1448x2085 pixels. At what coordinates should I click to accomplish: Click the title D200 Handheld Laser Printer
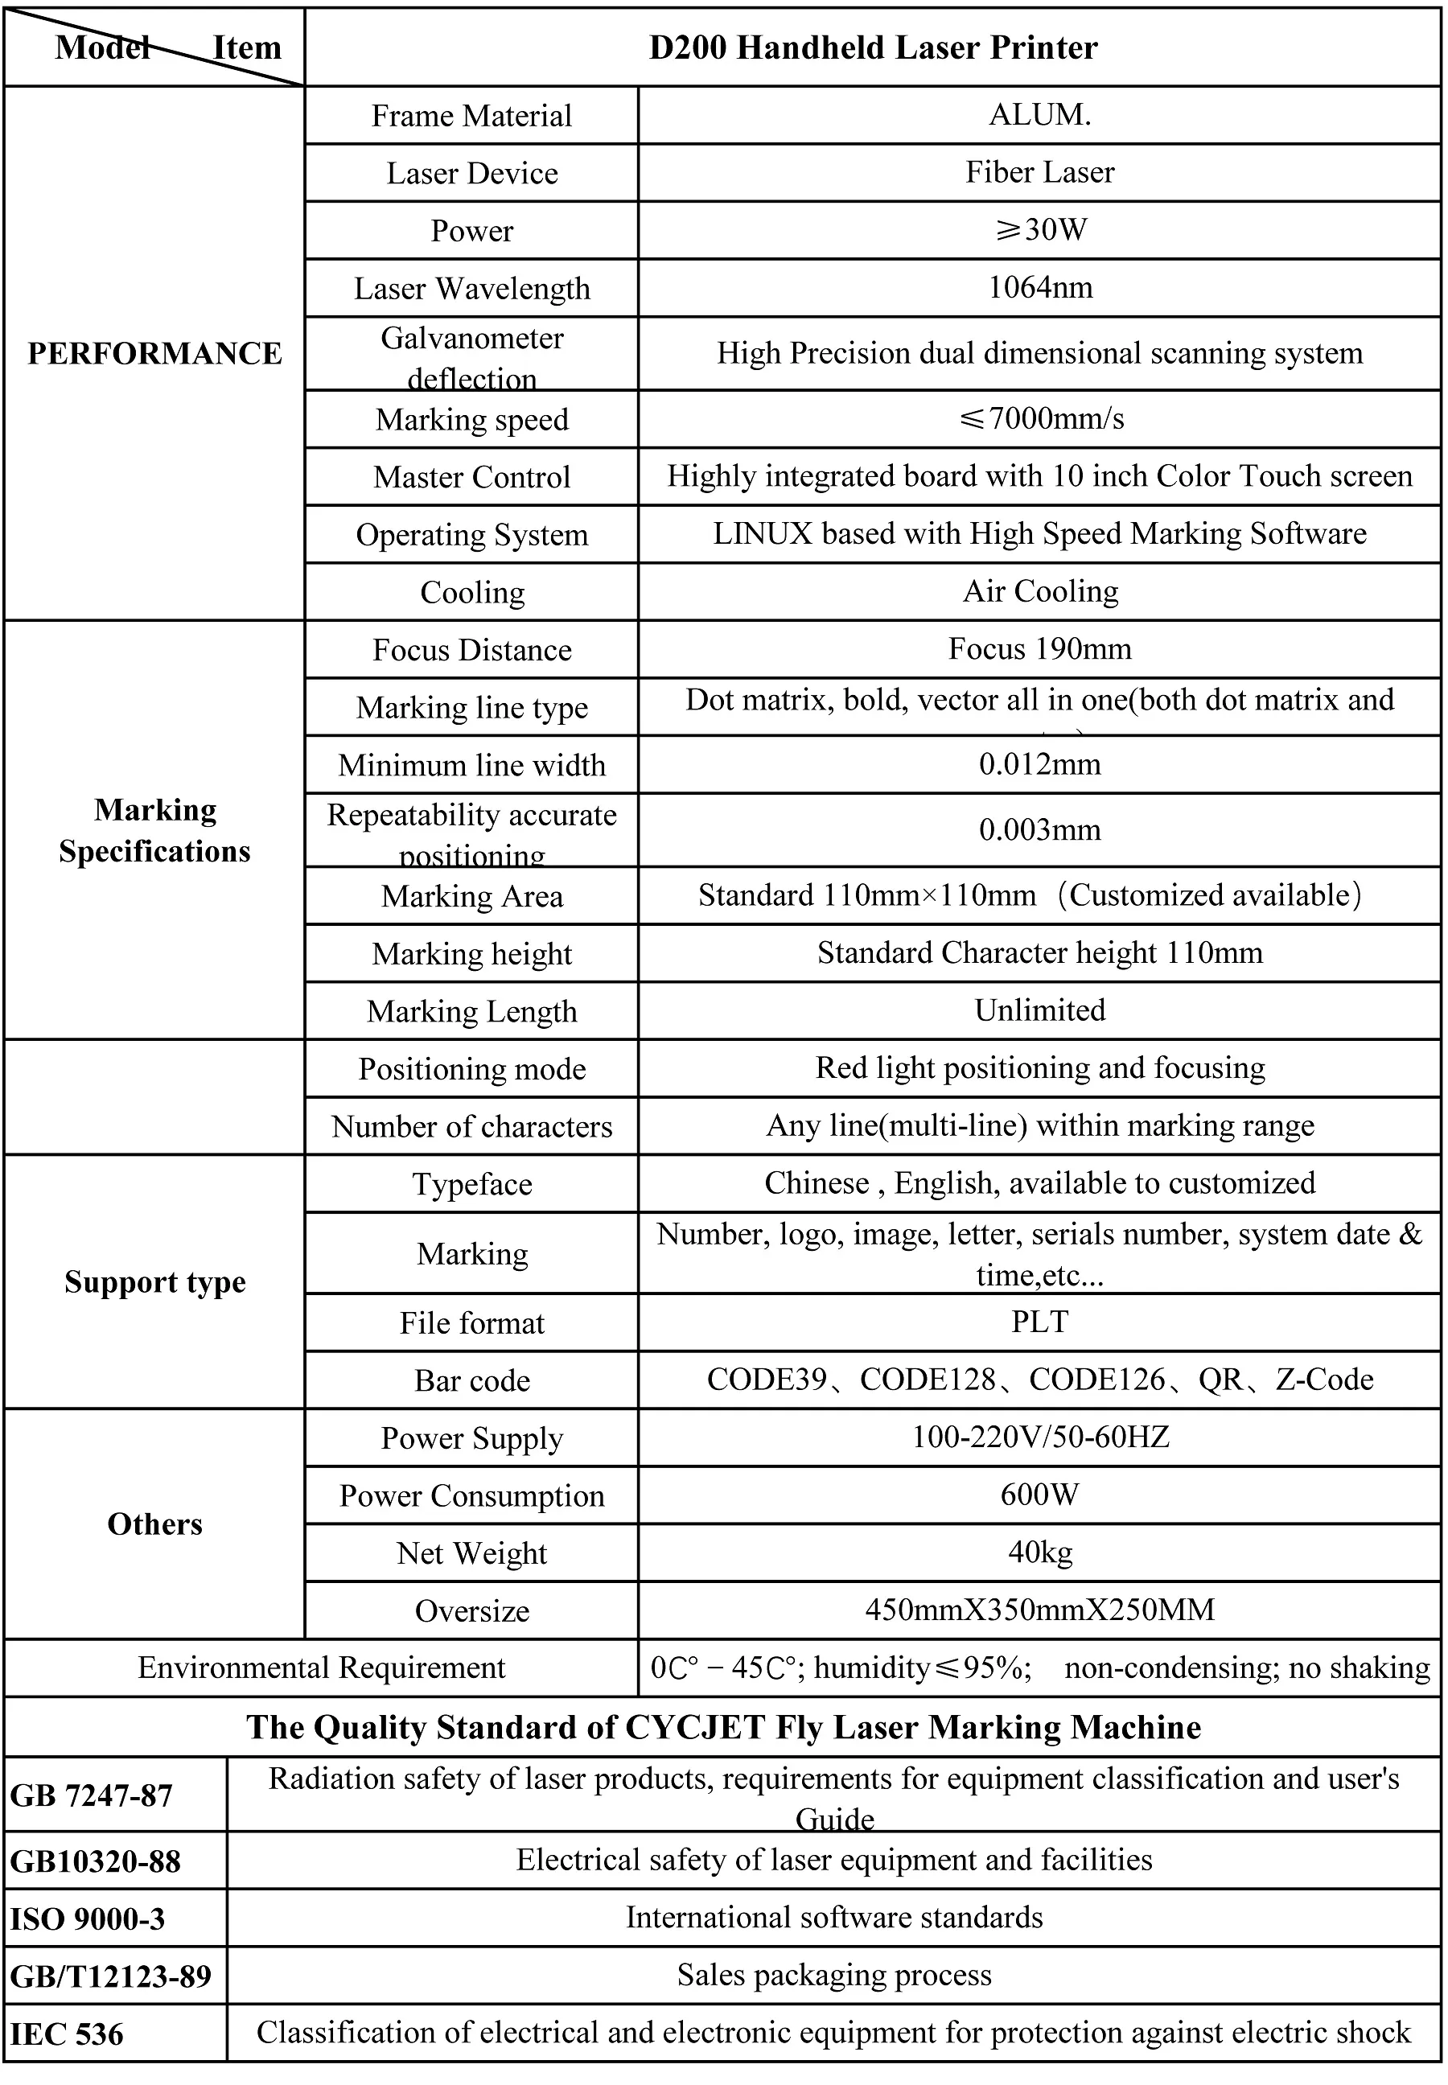coord(873,48)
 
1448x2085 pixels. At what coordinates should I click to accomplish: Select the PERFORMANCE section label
coord(154,353)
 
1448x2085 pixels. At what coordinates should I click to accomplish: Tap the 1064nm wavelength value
coord(1039,288)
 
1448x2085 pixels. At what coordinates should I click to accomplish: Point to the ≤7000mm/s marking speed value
coord(1039,418)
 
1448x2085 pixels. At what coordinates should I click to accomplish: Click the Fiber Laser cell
coord(1039,172)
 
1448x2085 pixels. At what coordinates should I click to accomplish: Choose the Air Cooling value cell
coord(1039,591)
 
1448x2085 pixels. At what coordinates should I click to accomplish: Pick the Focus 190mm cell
coord(1039,648)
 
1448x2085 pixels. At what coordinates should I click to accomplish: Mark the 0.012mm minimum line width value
coord(1039,764)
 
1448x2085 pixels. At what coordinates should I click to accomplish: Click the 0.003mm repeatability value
coord(1039,829)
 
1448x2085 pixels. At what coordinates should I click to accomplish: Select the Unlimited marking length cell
coord(1039,1010)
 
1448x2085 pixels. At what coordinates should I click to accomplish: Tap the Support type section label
coord(155,1282)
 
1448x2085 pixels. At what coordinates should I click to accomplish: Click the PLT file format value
coord(1039,1321)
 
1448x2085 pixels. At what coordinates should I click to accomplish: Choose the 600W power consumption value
coord(1039,1495)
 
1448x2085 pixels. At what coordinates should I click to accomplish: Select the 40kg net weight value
coord(1039,1552)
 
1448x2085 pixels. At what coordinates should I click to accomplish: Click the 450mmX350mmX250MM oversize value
coord(1039,1610)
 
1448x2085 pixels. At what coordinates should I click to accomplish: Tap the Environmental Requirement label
coord(321,1668)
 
